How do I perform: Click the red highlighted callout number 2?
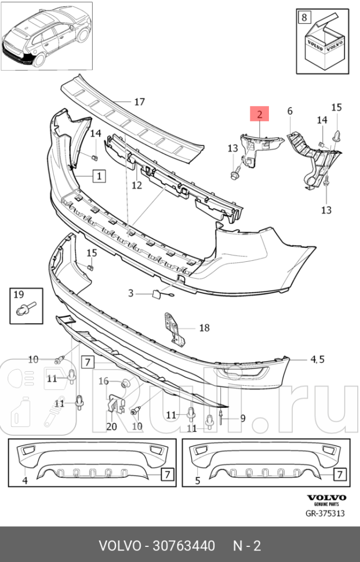[260, 114]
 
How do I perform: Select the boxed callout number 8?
[304, 17]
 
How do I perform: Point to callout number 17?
[139, 102]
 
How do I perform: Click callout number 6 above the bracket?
[290, 111]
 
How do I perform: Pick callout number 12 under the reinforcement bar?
[136, 185]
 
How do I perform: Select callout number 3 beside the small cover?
[131, 293]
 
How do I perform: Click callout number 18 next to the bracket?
[204, 328]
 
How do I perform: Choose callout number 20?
[111, 427]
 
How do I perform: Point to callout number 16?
[103, 381]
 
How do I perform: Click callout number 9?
[243, 418]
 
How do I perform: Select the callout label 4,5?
[317, 360]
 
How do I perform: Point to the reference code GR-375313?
[326, 513]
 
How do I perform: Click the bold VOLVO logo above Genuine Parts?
[326, 498]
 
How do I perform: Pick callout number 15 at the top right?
[337, 107]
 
